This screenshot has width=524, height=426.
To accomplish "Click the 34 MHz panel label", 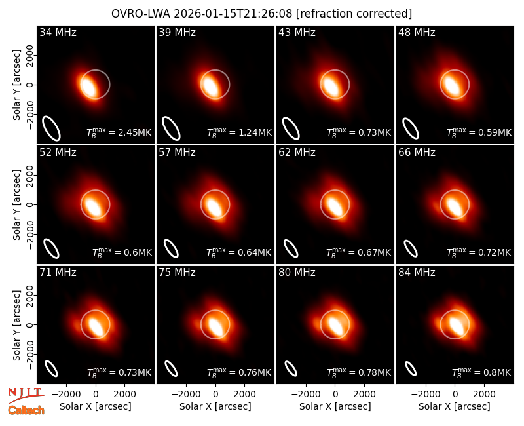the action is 58,32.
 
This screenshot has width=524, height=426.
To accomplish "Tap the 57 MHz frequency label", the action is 177,153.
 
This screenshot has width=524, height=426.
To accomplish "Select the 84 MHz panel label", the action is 417,273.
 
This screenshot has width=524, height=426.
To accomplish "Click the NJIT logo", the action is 26,395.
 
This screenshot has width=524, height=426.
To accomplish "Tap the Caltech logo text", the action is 26,410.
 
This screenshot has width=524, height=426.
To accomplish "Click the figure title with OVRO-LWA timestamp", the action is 261,14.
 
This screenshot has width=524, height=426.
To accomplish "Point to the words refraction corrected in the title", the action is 354,14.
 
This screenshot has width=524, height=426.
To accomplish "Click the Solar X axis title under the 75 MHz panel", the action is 215,406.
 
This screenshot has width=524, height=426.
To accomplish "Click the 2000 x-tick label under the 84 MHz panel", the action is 484,395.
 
